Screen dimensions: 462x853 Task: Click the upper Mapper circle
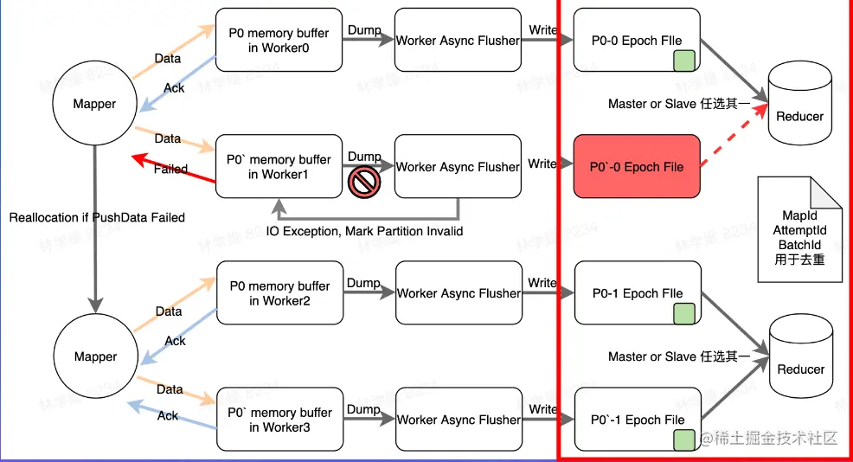click(x=94, y=104)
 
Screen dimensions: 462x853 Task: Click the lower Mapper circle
click(x=95, y=356)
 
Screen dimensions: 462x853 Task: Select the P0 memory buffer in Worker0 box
click(x=279, y=41)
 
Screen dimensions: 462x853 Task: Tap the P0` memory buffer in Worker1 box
click(x=278, y=167)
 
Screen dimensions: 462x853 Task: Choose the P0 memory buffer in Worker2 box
click(x=278, y=293)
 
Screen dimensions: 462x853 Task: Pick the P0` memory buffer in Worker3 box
click(x=278, y=420)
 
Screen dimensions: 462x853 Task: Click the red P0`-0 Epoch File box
click(x=637, y=167)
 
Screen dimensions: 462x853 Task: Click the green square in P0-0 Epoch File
click(x=685, y=61)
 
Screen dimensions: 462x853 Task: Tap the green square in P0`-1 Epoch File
click(x=685, y=440)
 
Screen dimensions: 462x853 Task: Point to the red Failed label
click(x=170, y=169)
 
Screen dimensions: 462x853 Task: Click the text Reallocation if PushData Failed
click(x=97, y=217)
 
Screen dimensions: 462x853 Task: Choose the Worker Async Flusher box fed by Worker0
click(x=459, y=41)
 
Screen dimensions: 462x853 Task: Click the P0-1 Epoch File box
click(x=637, y=293)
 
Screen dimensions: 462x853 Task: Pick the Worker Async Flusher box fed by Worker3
click(x=459, y=420)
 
